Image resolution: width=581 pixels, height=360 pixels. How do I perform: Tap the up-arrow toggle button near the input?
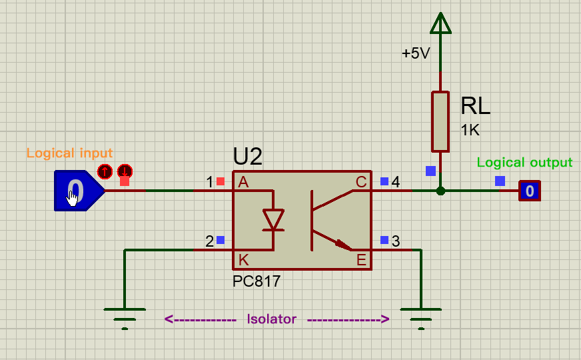(105, 171)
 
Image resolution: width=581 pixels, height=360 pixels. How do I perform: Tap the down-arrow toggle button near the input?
(125, 171)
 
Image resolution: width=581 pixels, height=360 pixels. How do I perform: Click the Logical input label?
(69, 153)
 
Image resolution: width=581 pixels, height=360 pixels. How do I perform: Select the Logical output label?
(524, 163)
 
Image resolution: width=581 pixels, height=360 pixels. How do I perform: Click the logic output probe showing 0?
(530, 191)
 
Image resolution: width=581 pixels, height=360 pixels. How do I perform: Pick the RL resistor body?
(440, 121)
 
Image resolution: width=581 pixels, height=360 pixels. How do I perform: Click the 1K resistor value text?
(470, 130)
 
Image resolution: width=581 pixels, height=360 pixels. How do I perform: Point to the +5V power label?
(416, 53)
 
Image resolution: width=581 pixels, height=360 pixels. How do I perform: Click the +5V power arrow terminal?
(440, 23)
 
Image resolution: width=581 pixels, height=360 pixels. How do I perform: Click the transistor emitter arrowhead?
(344, 245)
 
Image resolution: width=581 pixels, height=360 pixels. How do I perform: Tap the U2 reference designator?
(247, 156)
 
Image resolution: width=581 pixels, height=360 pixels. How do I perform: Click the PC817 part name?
(257, 281)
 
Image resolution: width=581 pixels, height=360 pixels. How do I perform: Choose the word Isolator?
(272, 319)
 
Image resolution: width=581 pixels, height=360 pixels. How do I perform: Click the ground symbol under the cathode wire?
(125, 319)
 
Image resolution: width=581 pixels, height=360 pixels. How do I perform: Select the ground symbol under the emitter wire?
(421, 319)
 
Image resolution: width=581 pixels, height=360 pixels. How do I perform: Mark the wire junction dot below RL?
(440, 191)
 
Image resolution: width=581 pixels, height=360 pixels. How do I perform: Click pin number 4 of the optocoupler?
(396, 182)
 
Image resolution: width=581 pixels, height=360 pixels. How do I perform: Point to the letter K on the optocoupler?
(243, 260)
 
